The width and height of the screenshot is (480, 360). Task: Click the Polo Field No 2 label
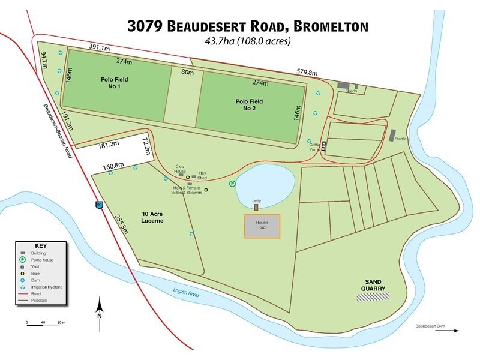(250, 106)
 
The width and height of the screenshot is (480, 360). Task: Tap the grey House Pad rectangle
(261, 226)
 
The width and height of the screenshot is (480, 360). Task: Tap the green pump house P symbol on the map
(232, 184)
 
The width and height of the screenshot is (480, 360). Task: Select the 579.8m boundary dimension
(307, 73)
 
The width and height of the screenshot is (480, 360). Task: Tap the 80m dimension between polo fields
(187, 73)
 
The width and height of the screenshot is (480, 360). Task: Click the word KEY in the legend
(40, 246)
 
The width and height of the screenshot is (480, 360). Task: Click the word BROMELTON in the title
(329, 26)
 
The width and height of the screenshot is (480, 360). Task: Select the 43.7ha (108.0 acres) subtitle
(248, 41)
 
